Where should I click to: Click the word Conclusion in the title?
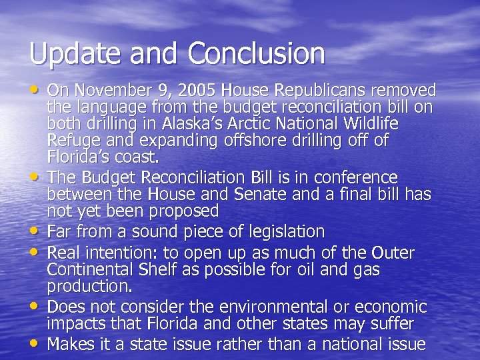257,53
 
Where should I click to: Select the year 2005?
195,90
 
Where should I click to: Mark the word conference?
350,177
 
